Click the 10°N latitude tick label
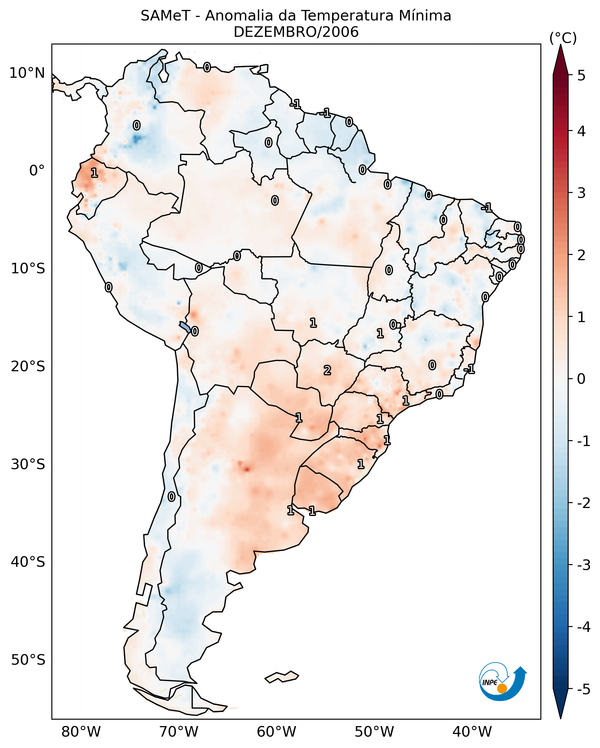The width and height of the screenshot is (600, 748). [27, 73]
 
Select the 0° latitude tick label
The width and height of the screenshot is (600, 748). [37, 171]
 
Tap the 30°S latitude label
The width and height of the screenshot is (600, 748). [28, 464]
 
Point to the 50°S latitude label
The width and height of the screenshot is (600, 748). [28, 660]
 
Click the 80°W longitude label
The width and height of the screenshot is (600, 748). [81, 732]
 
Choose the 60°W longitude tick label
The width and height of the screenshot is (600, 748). [276, 732]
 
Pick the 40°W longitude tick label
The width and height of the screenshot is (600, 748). [472, 732]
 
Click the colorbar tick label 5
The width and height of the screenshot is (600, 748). [581, 75]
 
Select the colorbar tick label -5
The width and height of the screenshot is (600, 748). [583, 689]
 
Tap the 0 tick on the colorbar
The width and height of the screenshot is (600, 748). [581, 379]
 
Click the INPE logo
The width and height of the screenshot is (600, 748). [502, 682]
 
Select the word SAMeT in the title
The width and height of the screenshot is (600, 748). [165, 16]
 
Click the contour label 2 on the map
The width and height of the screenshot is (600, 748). [327, 371]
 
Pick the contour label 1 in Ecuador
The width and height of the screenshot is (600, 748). [94, 172]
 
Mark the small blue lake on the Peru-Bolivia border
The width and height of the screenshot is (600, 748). [185, 327]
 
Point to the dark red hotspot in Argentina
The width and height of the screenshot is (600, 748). [246, 469]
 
